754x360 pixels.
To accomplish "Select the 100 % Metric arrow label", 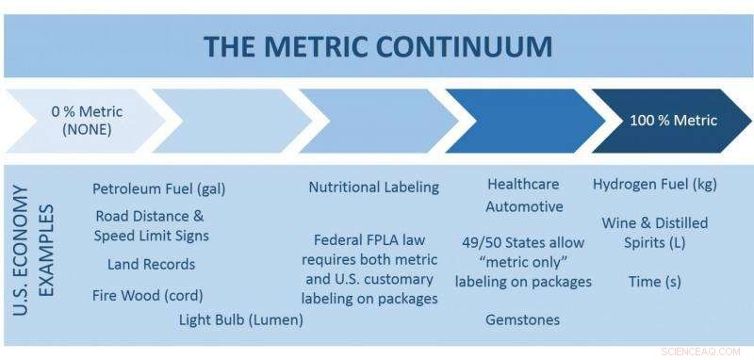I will pos(673,121).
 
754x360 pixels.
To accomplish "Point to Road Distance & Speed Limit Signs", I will pos(151,226).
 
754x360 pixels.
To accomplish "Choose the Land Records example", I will pos(151,264).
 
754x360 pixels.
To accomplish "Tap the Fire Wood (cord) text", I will pos(148,295).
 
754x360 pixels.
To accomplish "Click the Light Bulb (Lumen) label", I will pos(240,319).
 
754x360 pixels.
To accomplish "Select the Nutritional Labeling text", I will pos(373,187).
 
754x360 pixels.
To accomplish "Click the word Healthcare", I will pos(523,184).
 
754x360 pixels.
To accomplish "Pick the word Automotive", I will pos(524,206).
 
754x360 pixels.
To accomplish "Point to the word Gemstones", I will pos(522,319).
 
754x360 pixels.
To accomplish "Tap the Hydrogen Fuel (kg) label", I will pos(655,184).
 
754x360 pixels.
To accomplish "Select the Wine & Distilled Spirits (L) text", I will pos(654,233).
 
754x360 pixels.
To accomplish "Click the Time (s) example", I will pos(654,281).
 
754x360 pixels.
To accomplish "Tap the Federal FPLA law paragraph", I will pos(369,269).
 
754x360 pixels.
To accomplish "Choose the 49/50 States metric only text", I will pos(523,262).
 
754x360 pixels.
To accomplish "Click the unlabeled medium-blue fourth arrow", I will pos(518,121).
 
